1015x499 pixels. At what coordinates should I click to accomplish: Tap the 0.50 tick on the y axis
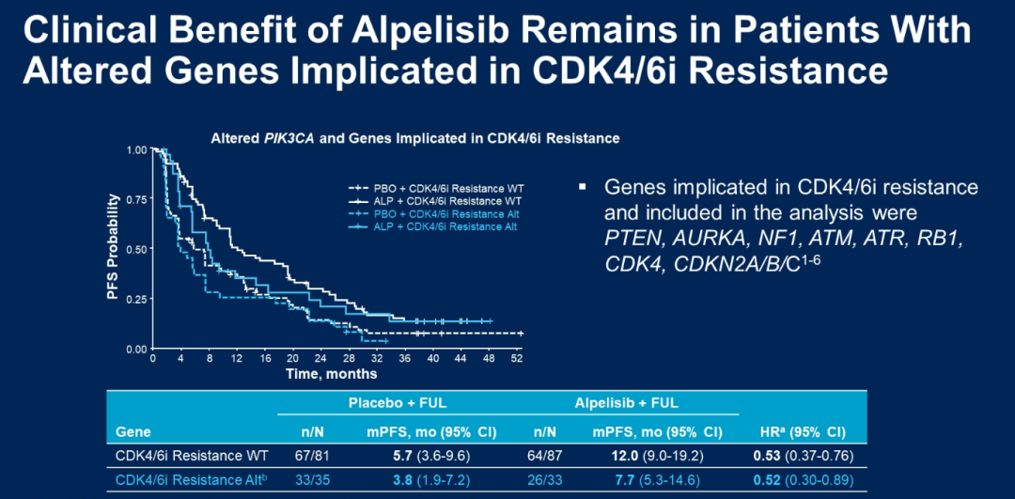point(137,249)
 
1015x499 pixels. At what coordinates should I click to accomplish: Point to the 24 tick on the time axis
point(320,359)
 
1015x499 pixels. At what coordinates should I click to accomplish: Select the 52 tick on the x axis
point(517,359)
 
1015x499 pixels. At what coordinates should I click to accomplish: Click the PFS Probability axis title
point(113,247)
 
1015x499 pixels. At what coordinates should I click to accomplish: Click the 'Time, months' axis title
point(332,374)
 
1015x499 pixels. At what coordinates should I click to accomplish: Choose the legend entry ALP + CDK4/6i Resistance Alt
point(438,226)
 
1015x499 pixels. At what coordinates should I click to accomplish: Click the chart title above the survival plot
point(414,138)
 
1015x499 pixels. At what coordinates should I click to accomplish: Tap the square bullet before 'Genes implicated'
point(583,186)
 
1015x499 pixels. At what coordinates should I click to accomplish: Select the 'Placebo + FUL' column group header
point(398,403)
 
